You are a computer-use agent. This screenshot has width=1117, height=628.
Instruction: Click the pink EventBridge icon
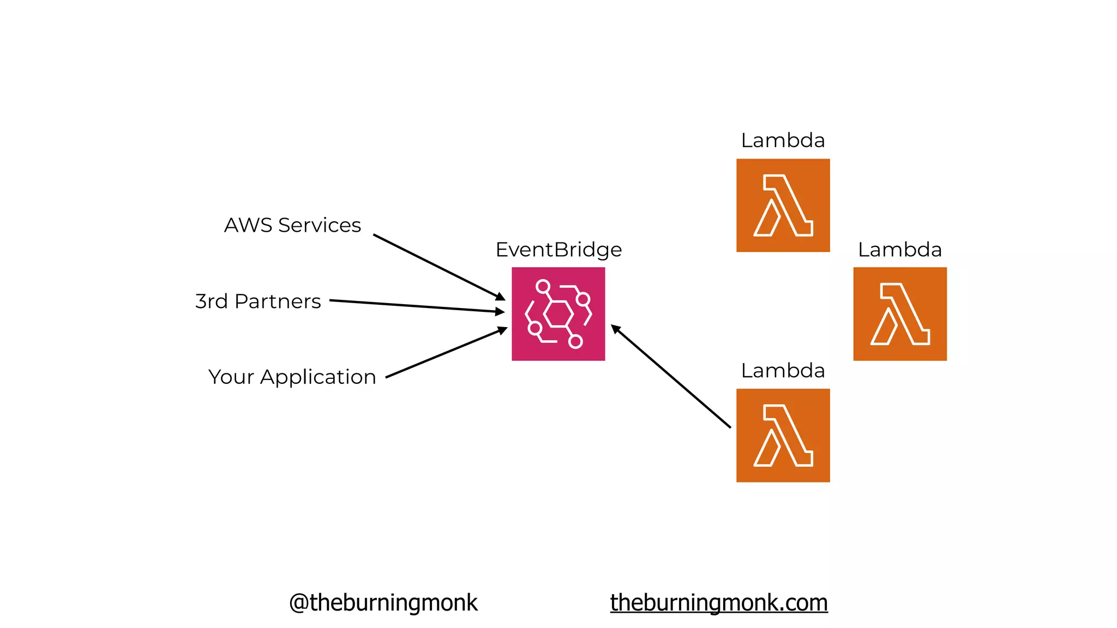pyautogui.click(x=558, y=314)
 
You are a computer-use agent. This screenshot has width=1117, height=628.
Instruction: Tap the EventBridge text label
pyautogui.click(x=558, y=250)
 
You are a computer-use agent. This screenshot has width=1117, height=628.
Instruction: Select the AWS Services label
pyautogui.click(x=292, y=225)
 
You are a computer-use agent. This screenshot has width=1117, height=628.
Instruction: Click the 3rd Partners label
pyautogui.click(x=258, y=301)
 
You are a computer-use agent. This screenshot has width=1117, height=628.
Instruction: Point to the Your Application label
pyautogui.click(x=292, y=377)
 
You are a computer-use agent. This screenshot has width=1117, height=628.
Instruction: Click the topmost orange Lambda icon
pyautogui.click(x=783, y=206)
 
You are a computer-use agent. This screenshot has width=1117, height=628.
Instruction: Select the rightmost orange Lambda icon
pyautogui.click(x=900, y=314)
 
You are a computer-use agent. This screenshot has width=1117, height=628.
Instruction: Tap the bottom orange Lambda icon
pyautogui.click(x=783, y=436)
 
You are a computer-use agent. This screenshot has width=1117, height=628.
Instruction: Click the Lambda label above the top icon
pyautogui.click(x=783, y=141)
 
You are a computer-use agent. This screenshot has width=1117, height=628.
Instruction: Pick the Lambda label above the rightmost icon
pyautogui.click(x=900, y=250)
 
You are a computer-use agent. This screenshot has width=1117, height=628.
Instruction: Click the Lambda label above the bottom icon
pyautogui.click(x=783, y=371)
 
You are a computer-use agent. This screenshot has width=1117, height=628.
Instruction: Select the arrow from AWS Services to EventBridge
pyautogui.click(x=439, y=267)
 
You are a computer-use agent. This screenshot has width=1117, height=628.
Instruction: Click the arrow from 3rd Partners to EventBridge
pyautogui.click(x=417, y=306)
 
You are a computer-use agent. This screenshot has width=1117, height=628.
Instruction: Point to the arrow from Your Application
pyautogui.click(x=446, y=353)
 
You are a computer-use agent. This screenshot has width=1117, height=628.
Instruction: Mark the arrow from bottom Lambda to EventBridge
pyautogui.click(x=671, y=377)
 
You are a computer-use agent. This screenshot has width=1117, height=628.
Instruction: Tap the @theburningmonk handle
pyautogui.click(x=383, y=603)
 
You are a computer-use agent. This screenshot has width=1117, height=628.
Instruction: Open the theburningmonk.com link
pyautogui.click(x=719, y=603)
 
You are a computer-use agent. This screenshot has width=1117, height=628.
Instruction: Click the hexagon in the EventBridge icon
pyautogui.click(x=558, y=314)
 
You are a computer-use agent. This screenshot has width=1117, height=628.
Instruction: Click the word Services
pyautogui.click(x=320, y=225)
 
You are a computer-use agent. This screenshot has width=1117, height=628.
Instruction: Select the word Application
pyautogui.click(x=318, y=377)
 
